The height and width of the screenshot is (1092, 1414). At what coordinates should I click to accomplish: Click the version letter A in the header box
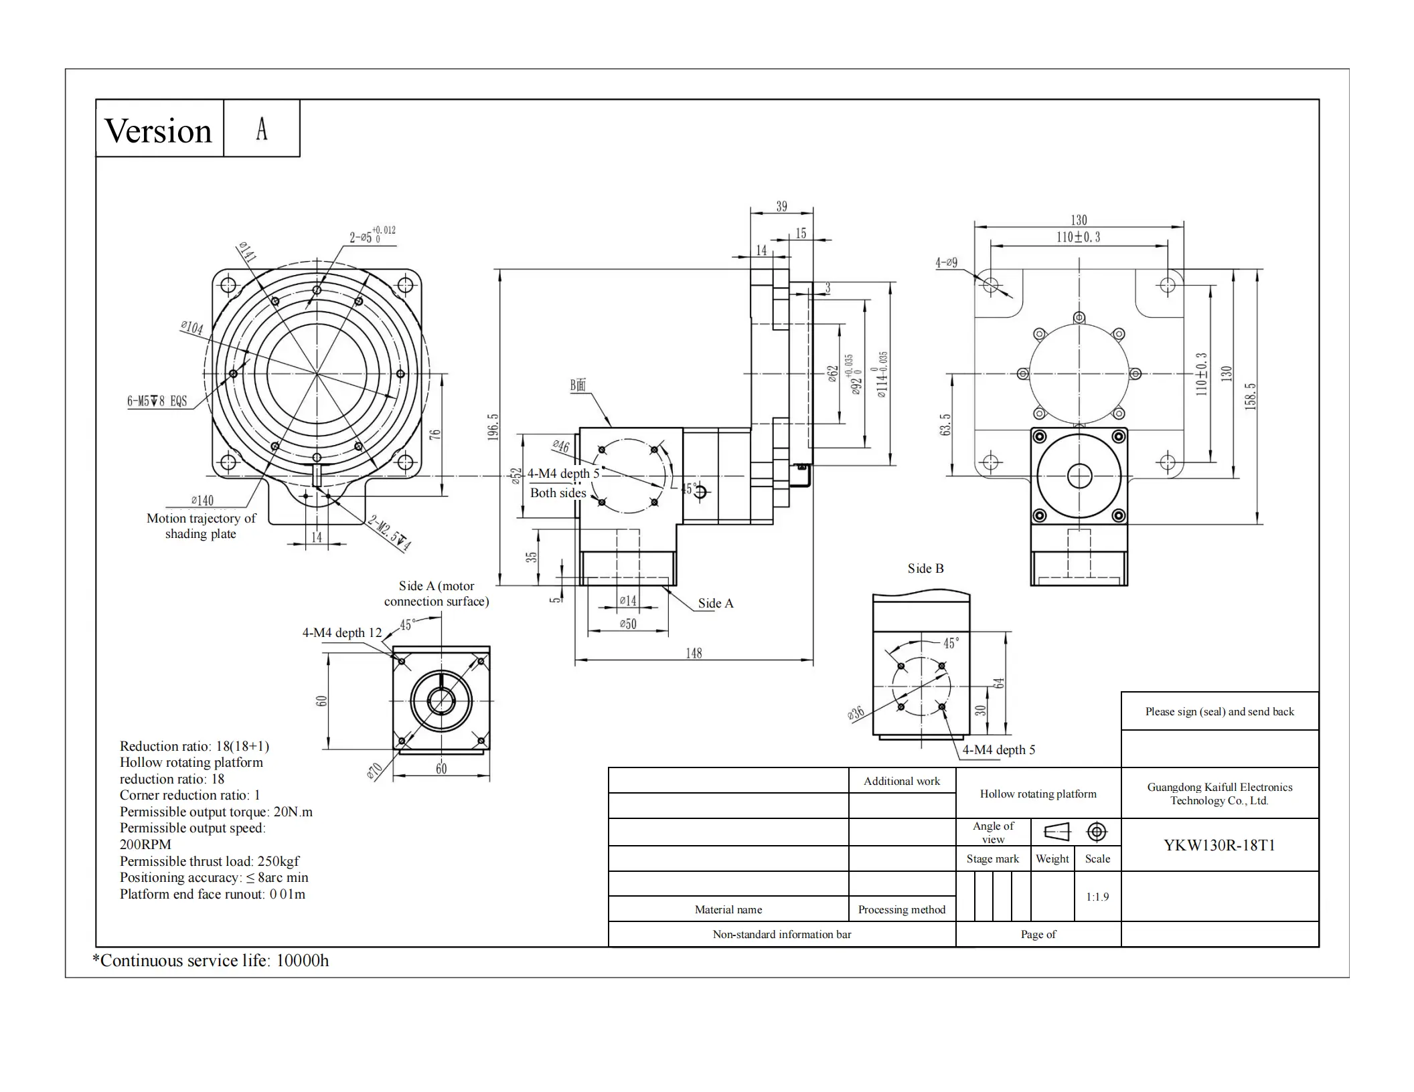click(262, 128)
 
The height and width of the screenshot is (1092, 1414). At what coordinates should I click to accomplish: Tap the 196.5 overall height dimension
click(493, 426)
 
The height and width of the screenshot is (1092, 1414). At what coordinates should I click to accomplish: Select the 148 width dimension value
click(694, 653)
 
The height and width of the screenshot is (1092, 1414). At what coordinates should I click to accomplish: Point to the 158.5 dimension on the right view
click(1251, 396)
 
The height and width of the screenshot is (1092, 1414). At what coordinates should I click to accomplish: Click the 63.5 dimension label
click(945, 425)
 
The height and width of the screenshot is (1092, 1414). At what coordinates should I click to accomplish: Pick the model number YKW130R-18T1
click(1219, 845)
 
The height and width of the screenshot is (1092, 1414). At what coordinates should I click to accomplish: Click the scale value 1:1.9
click(1097, 897)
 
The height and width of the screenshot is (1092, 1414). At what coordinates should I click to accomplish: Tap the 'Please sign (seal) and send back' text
click(1219, 711)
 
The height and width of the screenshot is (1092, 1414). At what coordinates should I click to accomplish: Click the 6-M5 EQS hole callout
click(157, 401)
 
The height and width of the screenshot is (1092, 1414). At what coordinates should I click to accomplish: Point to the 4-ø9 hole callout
click(946, 263)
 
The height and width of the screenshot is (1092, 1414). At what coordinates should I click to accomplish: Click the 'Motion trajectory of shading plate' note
click(201, 526)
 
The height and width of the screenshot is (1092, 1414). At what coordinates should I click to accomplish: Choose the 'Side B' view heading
click(925, 569)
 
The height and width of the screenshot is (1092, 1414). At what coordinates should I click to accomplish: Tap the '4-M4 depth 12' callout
click(342, 633)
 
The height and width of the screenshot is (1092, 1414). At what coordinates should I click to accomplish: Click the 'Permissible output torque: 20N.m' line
click(216, 812)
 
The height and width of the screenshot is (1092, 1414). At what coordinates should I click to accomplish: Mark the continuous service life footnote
click(211, 961)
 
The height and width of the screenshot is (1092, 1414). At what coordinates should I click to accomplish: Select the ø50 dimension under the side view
click(628, 624)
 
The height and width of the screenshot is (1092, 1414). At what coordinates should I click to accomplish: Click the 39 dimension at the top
click(781, 206)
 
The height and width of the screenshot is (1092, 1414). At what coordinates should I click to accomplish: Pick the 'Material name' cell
click(728, 909)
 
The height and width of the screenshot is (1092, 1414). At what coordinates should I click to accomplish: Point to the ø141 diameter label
click(247, 252)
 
